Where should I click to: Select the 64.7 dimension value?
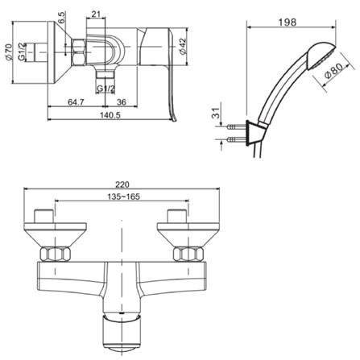tap(77, 102)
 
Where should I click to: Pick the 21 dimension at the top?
tap(97, 14)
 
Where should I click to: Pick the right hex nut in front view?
tap(184, 254)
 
